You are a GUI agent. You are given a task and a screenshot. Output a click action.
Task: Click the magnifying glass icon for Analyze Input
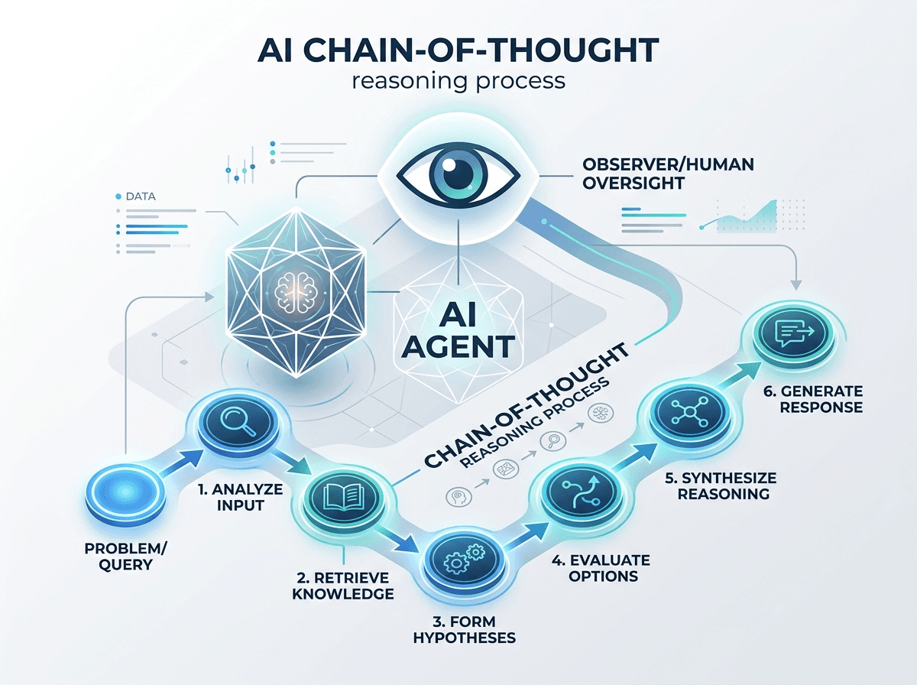coord(238,421)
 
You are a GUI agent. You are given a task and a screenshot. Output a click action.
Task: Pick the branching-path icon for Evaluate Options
coord(581,493)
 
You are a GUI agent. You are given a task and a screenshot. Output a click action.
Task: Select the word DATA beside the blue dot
coord(141,196)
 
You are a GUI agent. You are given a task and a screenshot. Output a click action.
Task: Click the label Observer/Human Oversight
coord(668,174)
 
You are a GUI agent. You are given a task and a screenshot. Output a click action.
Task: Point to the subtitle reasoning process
coord(458,82)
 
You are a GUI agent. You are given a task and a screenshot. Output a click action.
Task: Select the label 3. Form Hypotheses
coord(464,629)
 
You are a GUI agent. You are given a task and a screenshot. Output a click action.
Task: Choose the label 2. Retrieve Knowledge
coord(342,586)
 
